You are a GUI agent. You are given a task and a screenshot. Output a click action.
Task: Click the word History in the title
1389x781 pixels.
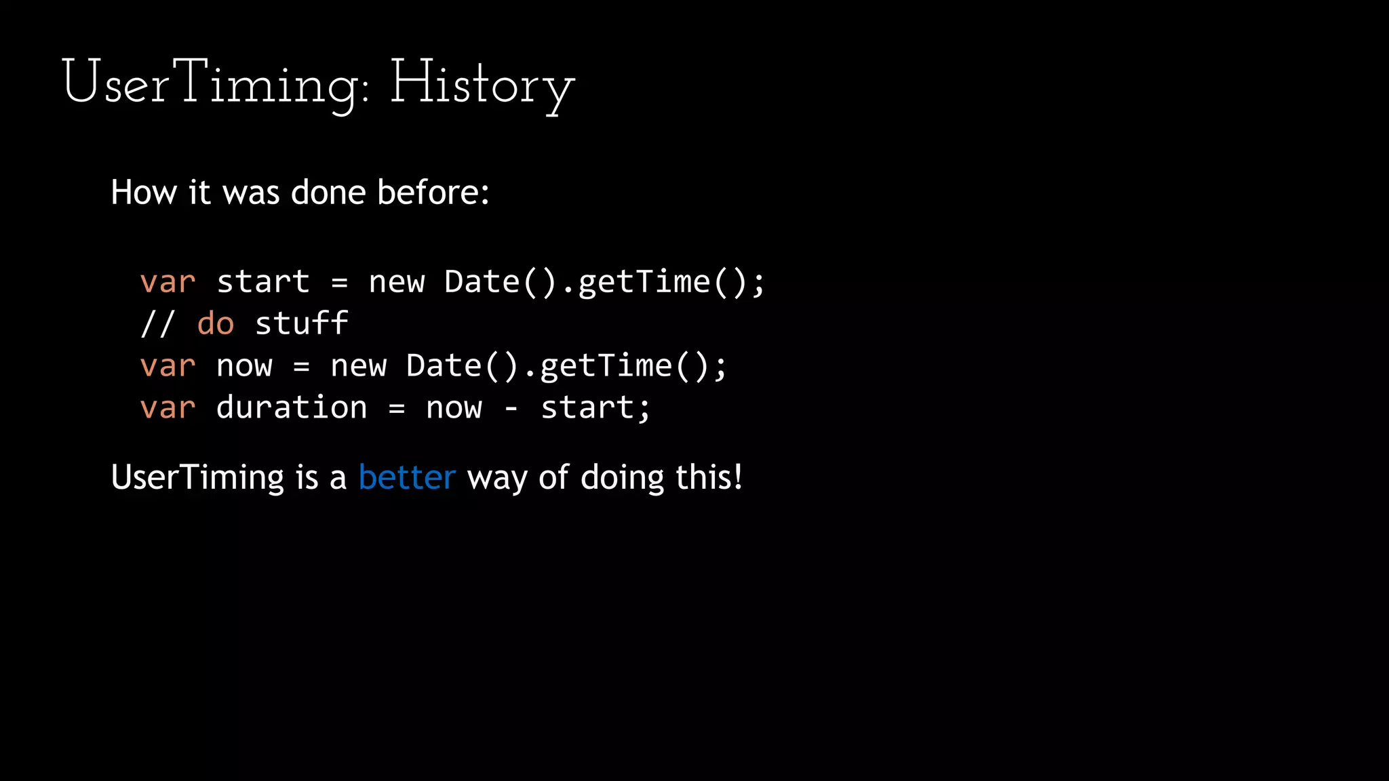pyautogui.click(x=482, y=84)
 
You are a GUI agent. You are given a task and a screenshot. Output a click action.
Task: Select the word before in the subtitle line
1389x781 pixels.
pyautogui.click(x=433, y=193)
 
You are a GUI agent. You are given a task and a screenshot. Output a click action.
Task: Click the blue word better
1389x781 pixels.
pyautogui.click(x=406, y=477)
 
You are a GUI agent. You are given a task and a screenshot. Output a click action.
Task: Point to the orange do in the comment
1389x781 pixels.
pyautogui.click(x=215, y=323)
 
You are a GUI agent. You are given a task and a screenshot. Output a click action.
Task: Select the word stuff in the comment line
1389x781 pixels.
pyautogui.click(x=301, y=323)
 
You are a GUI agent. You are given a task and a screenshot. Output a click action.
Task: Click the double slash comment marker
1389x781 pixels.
pyautogui.click(x=157, y=323)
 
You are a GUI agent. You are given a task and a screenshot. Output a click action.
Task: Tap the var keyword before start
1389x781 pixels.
pyautogui.click(x=168, y=281)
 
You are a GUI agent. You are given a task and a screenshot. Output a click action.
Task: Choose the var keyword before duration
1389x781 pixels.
pyautogui.click(x=168, y=407)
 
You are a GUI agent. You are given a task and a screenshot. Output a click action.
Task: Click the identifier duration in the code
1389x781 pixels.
pyautogui.click(x=292, y=407)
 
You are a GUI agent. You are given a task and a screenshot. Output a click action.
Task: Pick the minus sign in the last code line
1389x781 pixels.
pyautogui.click(x=511, y=407)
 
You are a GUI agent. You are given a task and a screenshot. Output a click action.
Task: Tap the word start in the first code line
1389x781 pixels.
pyautogui.click(x=263, y=281)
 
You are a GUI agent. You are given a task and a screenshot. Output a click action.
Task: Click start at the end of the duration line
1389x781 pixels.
pyautogui.click(x=587, y=407)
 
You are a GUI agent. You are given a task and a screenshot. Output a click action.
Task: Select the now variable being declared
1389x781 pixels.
pyautogui.click(x=244, y=365)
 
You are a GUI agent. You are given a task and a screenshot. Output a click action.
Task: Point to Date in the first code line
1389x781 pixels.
pyautogui.click(x=482, y=281)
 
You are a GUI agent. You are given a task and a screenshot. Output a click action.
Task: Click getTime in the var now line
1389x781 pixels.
pyautogui.click(x=606, y=365)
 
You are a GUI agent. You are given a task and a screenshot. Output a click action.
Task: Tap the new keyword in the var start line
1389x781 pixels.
pyautogui.click(x=396, y=281)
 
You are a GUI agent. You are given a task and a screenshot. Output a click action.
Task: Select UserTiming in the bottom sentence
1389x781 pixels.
pyautogui.click(x=197, y=477)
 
